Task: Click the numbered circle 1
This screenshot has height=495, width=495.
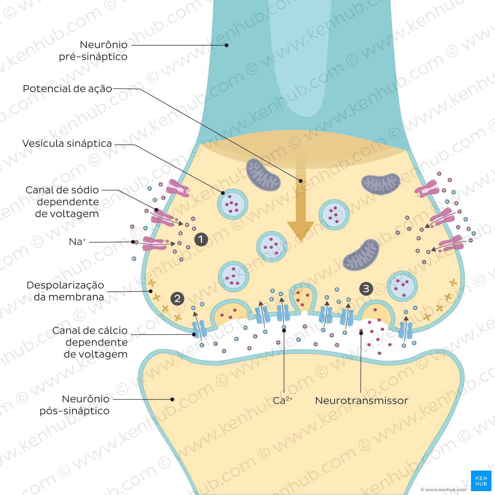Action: [x=201, y=239]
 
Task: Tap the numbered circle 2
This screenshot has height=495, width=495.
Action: [x=177, y=298]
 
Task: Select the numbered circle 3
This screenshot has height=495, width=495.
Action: [x=366, y=289]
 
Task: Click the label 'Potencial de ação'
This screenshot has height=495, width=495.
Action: [x=67, y=89]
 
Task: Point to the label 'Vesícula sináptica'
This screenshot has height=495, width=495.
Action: [x=67, y=143]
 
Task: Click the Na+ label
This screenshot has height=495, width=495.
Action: [x=77, y=242]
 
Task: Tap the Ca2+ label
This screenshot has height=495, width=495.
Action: [x=283, y=400]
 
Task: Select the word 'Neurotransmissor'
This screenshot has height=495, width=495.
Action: [x=362, y=401]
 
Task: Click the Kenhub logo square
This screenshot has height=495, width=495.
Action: [x=481, y=481]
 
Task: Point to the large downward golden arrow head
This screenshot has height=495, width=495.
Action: [x=301, y=231]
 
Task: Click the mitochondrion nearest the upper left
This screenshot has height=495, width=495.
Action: [x=263, y=175]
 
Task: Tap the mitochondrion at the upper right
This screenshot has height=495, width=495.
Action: [x=380, y=184]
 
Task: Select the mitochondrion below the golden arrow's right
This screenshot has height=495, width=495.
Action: [x=361, y=255]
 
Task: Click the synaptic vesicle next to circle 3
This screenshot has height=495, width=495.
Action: [x=402, y=286]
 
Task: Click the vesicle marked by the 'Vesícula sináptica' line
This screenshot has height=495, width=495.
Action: [x=232, y=204]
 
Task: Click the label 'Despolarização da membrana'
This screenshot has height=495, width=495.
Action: [x=65, y=291]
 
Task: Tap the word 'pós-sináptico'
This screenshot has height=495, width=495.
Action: [x=75, y=411]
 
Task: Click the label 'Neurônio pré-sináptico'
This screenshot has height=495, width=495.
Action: [x=93, y=50]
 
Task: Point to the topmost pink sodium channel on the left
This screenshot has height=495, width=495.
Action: [x=177, y=188]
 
